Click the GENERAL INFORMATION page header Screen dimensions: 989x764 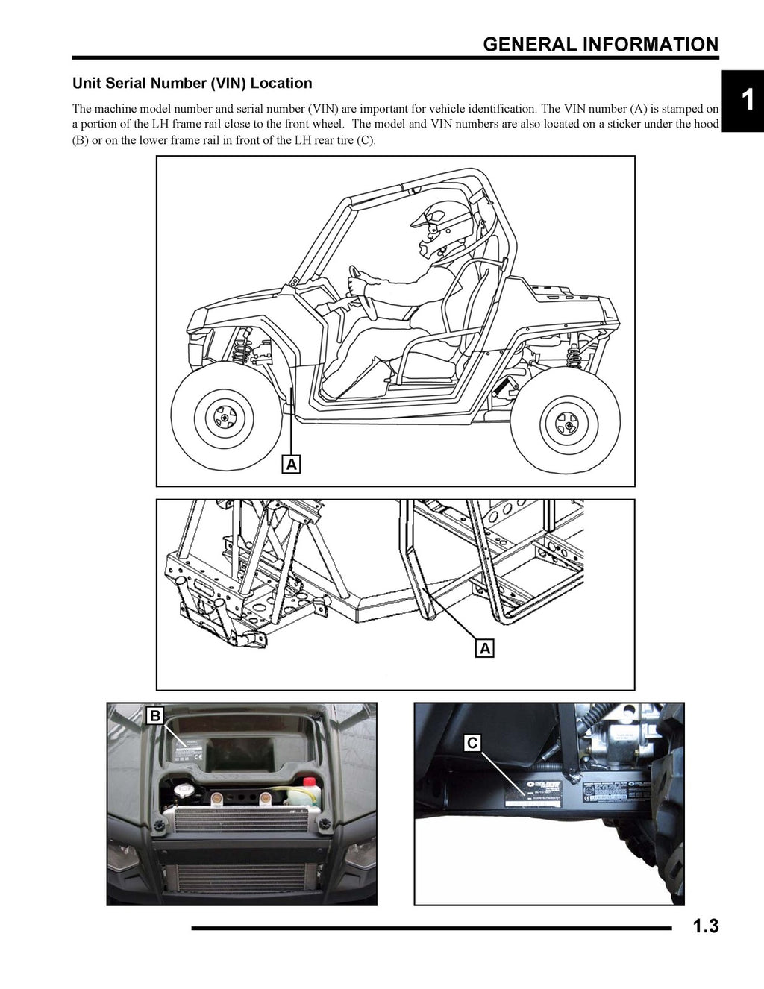601,44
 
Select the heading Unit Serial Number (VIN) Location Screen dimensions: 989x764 192,84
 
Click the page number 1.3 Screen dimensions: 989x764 705,927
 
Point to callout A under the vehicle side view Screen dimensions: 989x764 292,464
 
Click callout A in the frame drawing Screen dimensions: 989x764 485,648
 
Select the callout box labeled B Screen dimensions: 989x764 155,716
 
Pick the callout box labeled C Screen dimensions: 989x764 472,743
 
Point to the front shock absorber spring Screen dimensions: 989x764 240,347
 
